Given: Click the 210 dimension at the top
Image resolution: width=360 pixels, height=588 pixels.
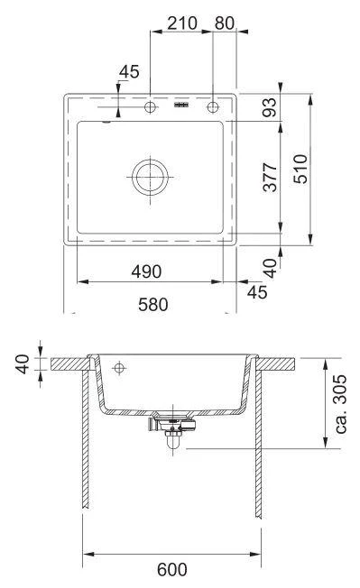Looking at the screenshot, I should (182, 23).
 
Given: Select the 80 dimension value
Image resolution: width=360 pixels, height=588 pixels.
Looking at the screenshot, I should (226, 23).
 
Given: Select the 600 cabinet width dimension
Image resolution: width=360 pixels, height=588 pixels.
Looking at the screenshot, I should (172, 569).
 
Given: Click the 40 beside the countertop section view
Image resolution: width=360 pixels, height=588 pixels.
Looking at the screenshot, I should (24, 363).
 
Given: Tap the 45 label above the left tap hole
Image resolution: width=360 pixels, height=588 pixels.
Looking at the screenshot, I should (129, 72).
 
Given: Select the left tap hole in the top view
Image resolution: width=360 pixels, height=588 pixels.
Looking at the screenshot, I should (150, 108).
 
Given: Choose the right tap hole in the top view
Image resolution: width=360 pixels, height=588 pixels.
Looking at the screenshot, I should (214, 108).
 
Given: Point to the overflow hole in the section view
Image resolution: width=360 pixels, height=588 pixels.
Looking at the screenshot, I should (118, 368).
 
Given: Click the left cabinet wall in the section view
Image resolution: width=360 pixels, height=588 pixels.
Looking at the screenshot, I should (86, 442).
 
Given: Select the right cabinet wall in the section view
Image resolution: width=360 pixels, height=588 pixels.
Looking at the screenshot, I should (259, 442).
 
